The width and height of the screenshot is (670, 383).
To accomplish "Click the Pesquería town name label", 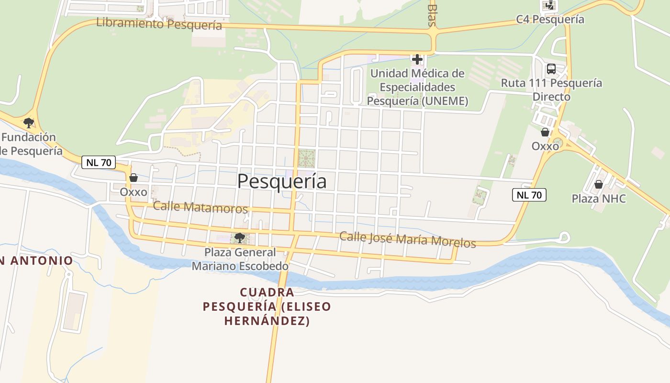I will [282, 181].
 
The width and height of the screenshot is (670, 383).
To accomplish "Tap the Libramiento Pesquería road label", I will [159, 23].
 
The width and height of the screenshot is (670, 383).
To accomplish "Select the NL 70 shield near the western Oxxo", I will [99, 162].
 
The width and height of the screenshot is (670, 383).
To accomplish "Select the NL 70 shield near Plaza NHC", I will [529, 195].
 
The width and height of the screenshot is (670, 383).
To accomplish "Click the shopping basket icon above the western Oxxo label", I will [134, 178].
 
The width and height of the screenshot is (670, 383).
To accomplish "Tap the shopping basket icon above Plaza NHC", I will [598, 184].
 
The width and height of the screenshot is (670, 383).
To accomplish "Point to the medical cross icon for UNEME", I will [417, 59].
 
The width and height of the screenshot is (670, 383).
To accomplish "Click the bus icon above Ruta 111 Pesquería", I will [551, 69].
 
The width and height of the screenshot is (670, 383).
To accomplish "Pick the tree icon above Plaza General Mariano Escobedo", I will [240, 237].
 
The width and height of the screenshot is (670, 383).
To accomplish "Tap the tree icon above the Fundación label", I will [29, 123].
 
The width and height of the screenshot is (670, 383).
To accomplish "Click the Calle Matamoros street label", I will [200, 207].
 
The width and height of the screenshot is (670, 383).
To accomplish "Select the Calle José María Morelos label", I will [408, 239].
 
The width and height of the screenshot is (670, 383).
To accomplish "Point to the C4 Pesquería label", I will [550, 20].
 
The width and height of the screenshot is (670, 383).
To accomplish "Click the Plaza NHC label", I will [599, 198].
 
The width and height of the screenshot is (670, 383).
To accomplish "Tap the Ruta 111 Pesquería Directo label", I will [551, 90].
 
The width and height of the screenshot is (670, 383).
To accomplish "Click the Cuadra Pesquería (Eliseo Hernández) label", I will [267, 306].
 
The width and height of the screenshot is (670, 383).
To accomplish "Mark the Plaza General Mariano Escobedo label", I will [240, 259].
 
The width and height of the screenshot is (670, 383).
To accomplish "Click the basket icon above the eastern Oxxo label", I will [545, 132].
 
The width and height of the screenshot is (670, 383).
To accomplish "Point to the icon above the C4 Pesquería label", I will [549, 6].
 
